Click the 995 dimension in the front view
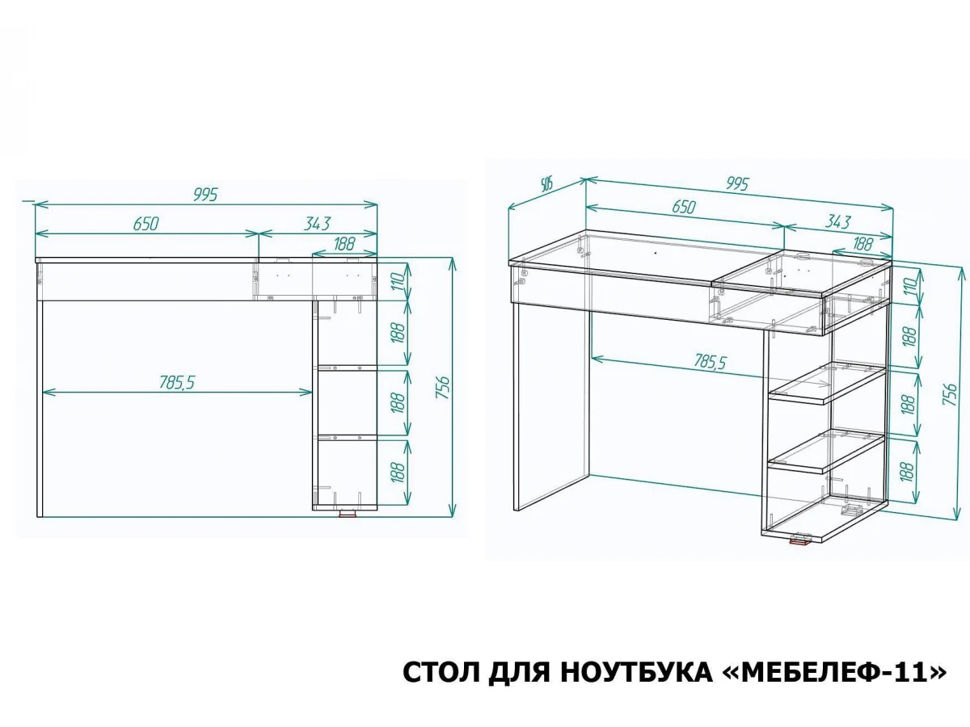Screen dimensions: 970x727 point(205,194)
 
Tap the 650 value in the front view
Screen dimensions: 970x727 point(145,224)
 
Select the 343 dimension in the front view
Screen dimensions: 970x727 point(318,224)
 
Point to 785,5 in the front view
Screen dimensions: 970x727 point(177,382)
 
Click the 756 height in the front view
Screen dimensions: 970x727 point(442,388)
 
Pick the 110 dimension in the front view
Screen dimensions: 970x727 point(398,281)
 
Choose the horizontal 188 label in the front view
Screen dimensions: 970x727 point(344,244)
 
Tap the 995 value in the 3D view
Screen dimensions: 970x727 point(737,183)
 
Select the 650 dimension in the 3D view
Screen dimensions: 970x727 point(684,207)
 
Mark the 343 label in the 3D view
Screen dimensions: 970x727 point(837,221)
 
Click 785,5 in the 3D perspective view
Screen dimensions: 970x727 point(710,362)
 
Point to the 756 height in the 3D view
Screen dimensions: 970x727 point(951,395)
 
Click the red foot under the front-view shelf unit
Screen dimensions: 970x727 point(348,513)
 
